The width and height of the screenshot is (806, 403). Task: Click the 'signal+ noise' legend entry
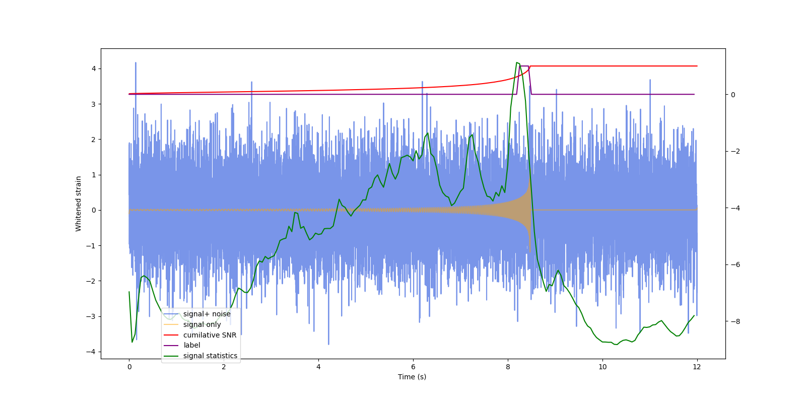point(207,314)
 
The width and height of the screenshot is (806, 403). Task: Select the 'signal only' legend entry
point(202,324)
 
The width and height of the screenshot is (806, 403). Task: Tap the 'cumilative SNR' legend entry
point(210,335)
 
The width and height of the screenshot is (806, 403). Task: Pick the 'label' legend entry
point(192,345)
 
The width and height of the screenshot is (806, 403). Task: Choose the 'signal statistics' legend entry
point(210,356)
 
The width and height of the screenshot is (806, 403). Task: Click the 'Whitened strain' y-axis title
point(79,204)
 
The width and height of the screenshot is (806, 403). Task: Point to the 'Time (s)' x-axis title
point(412,377)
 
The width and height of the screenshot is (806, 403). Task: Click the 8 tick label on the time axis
point(508,367)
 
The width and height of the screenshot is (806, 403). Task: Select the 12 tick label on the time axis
point(697,367)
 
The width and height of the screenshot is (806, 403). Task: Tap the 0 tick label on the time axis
point(129,367)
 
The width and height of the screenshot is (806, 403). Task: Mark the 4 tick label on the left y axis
point(94,69)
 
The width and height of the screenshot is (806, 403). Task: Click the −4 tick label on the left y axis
point(92,352)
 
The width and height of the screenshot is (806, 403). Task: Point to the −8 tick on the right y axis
point(733,321)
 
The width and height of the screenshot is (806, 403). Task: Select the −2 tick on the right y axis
point(733,151)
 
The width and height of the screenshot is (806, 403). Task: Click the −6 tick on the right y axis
point(733,264)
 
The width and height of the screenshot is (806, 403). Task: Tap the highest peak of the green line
point(517,62)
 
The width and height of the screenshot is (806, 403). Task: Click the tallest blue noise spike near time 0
point(136,63)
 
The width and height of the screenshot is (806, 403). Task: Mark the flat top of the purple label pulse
point(524,66)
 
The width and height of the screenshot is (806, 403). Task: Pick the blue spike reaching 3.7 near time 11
point(650,80)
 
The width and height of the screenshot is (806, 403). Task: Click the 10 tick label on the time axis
point(602,367)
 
